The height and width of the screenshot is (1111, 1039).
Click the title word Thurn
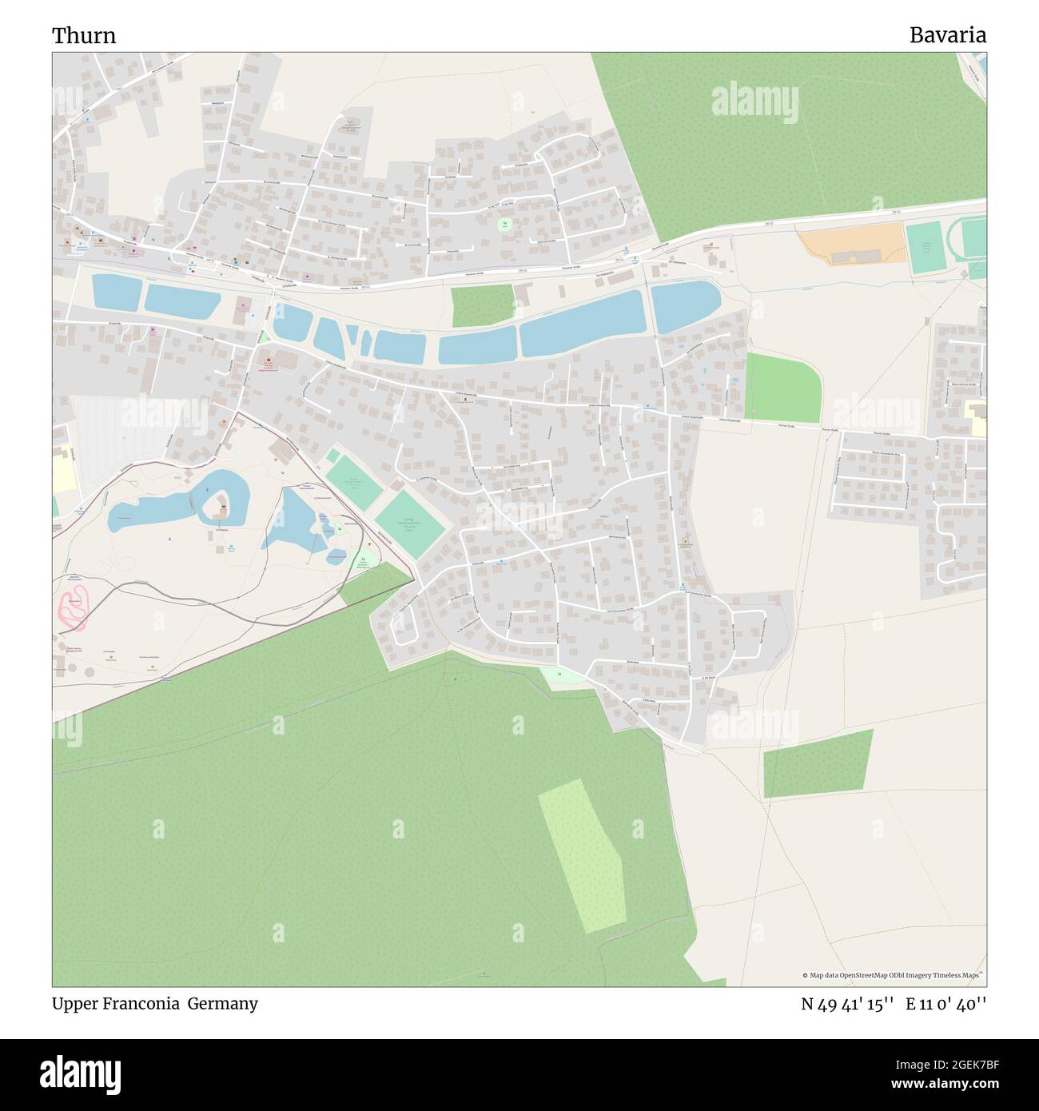[84, 35]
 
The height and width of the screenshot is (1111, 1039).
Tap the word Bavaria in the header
[947, 35]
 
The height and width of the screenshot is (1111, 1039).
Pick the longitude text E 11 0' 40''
[946, 1004]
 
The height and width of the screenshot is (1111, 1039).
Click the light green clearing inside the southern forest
[581, 859]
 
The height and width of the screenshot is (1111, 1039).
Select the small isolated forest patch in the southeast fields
[818, 763]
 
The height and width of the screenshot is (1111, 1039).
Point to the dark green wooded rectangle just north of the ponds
[482, 305]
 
